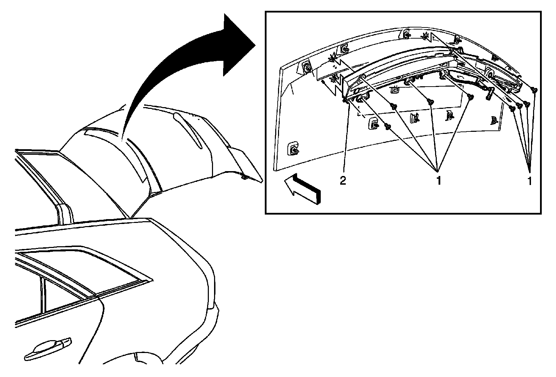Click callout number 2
click(343, 181)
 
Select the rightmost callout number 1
click(530, 181)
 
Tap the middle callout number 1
click(439, 181)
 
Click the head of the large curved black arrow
click(238, 45)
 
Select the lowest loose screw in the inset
click(388, 127)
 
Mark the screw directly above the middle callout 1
click(431, 102)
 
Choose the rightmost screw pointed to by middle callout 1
click(470, 97)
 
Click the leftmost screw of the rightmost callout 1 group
click(512, 108)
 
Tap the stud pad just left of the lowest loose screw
click(373, 123)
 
